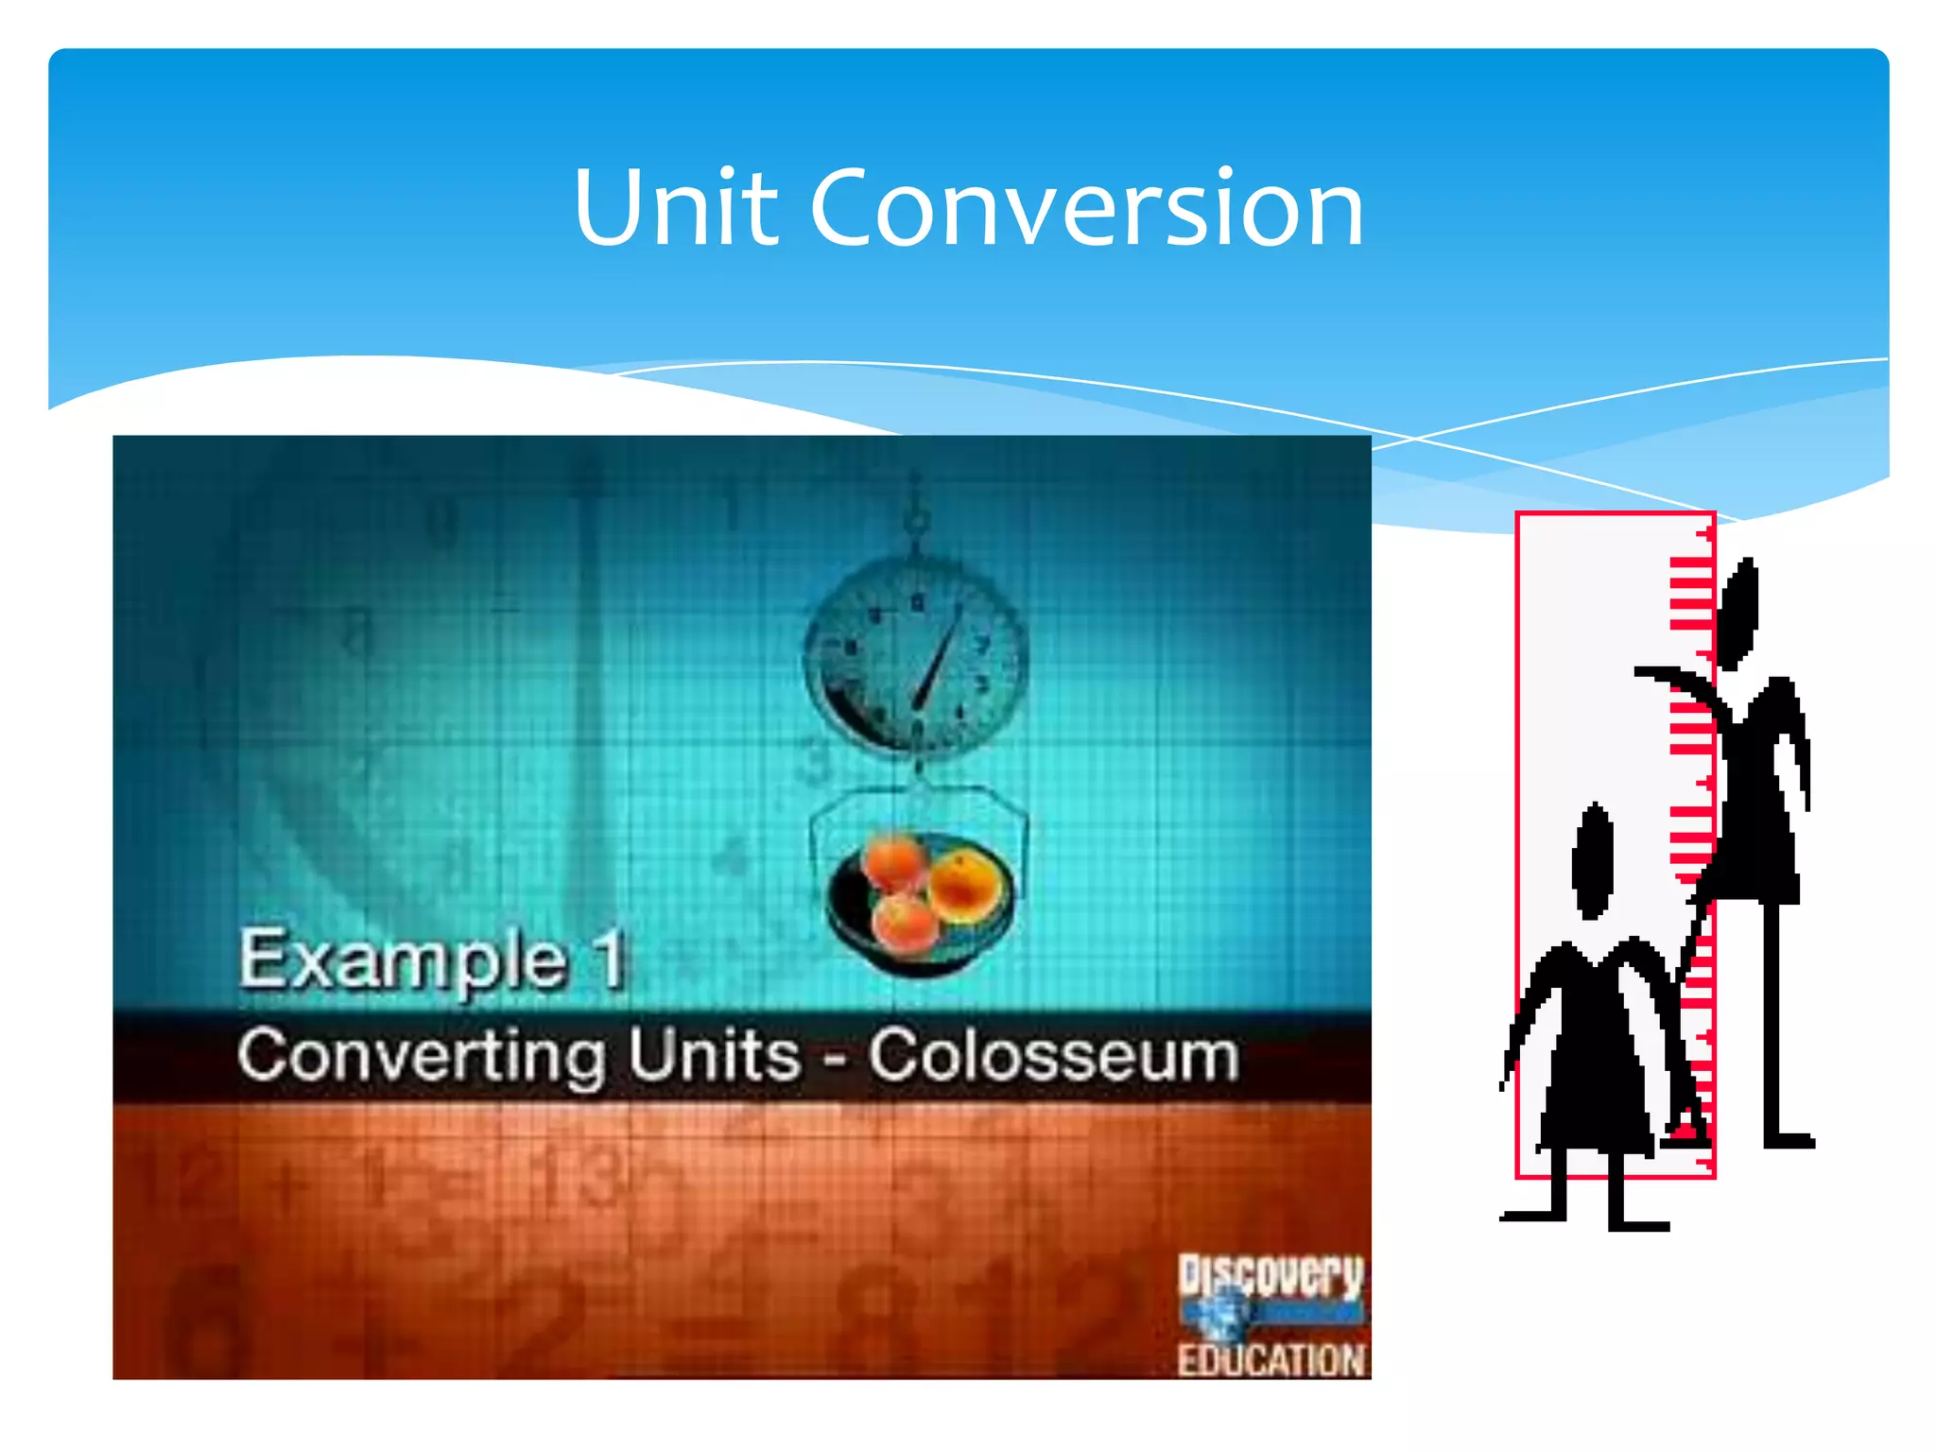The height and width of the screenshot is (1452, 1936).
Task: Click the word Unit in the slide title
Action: tap(675, 208)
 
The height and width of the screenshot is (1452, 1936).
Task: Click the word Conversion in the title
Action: tap(1087, 208)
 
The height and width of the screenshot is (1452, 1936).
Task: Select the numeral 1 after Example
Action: tap(610, 959)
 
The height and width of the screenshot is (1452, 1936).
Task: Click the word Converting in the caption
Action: tap(421, 1056)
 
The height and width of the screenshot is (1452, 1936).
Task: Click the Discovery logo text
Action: tap(1270, 1276)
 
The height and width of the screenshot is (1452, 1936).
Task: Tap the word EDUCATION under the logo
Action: tap(1270, 1360)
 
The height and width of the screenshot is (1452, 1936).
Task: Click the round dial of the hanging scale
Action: tap(915, 658)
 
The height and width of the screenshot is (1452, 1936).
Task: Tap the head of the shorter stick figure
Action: tap(1594, 860)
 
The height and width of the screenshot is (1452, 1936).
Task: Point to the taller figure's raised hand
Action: tap(1654, 673)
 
